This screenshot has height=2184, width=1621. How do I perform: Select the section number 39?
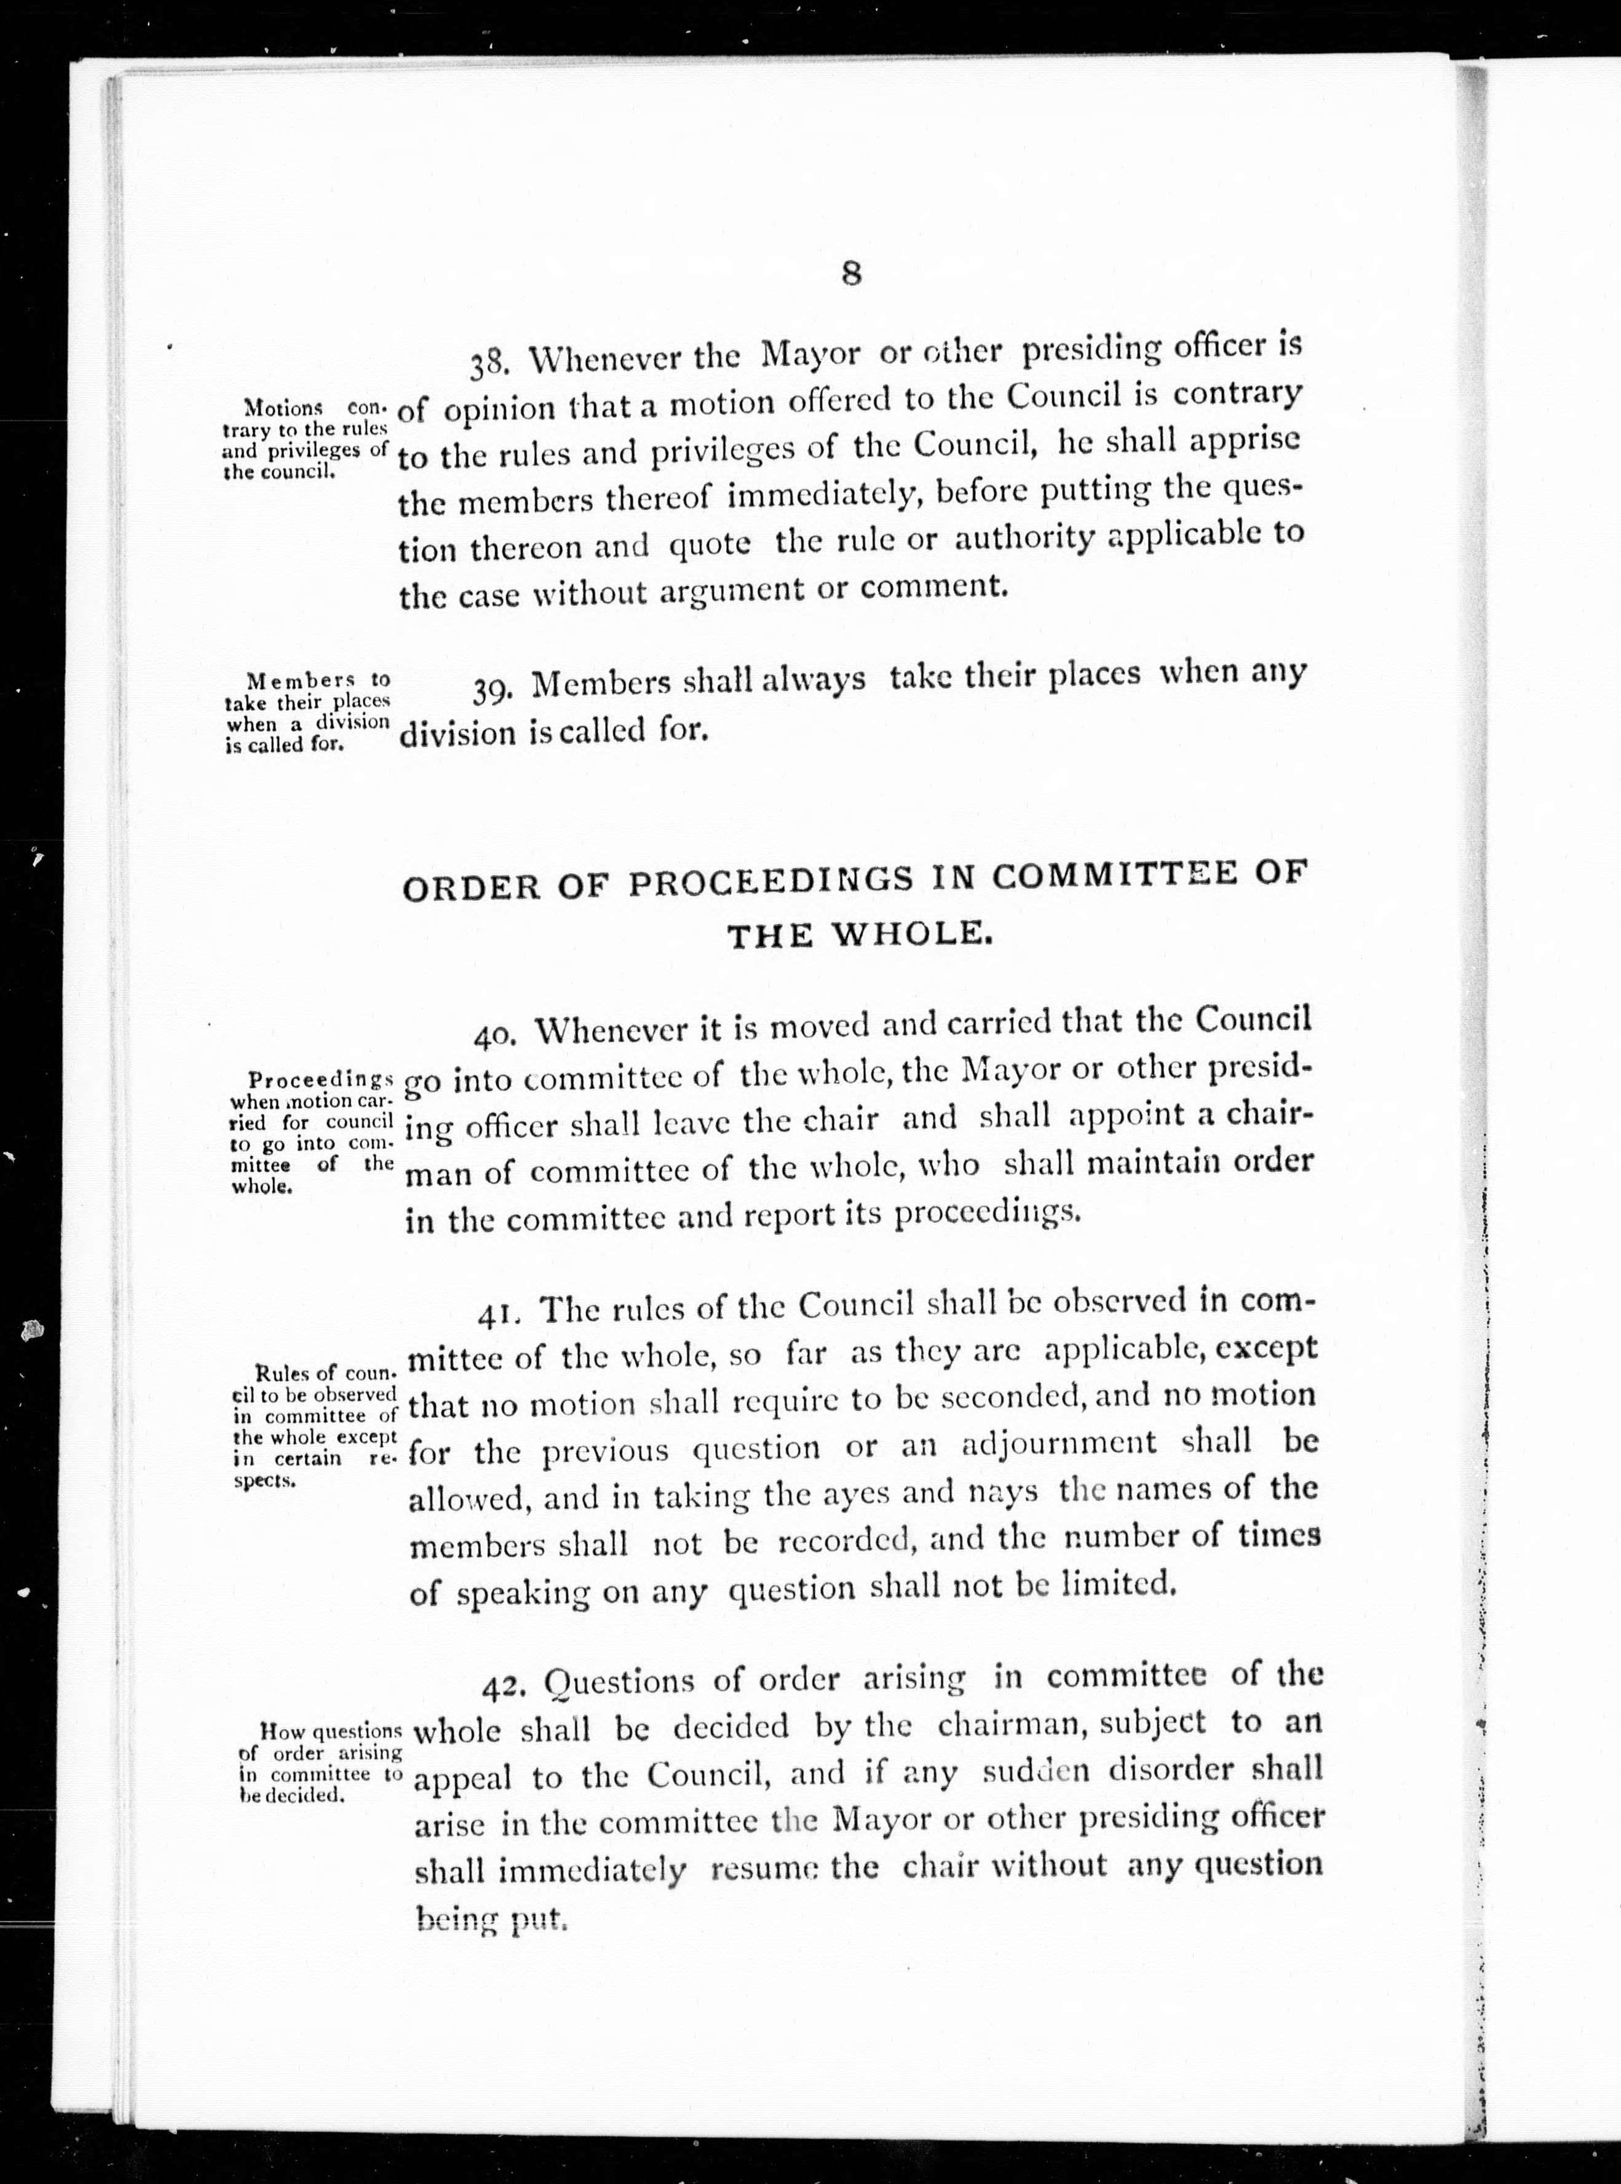[x=491, y=690]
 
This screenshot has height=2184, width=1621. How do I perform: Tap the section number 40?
[x=496, y=1036]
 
